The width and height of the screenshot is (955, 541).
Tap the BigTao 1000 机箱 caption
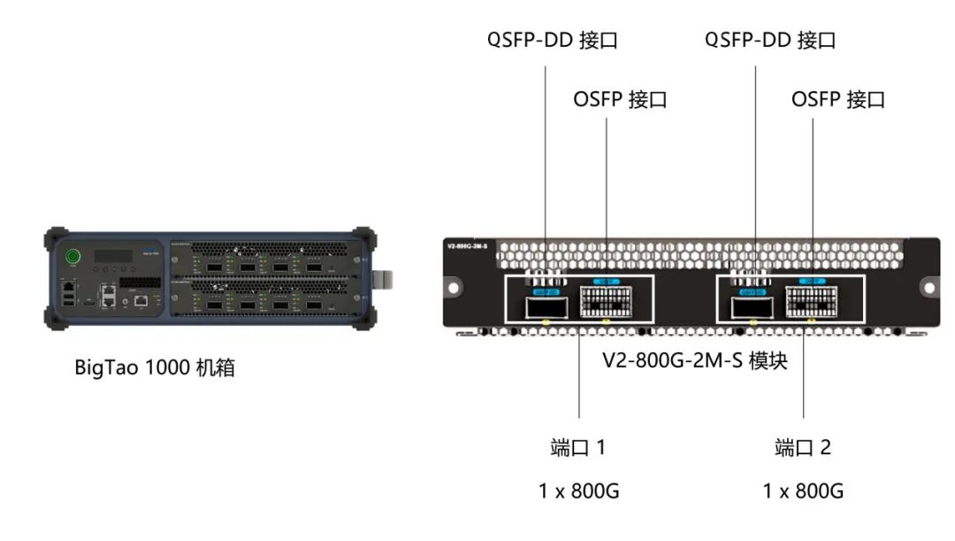(x=155, y=367)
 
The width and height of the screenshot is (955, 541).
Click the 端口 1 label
(x=578, y=448)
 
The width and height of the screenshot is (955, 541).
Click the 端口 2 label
(x=803, y=448)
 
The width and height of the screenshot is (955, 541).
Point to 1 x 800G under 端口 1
(x=579, y=491)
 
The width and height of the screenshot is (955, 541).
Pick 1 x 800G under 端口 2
(x=803, y=491)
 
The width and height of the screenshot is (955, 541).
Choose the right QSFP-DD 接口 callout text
(x=770, y=41)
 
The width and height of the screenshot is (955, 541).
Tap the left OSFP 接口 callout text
(x=620, y=99)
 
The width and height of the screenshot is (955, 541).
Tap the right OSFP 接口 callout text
(x=837, y=99)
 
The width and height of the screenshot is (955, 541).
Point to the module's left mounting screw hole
(x=454, y=288)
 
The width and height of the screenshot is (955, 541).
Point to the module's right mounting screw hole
(x=928, y=288)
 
